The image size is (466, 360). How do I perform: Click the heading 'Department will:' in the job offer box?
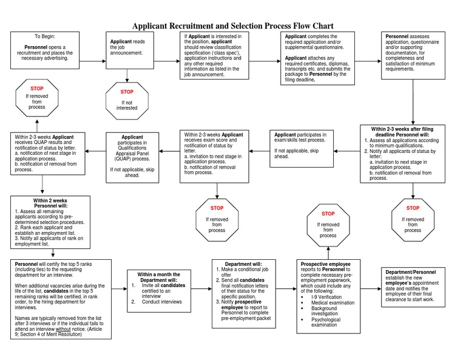tap(246, 264)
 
